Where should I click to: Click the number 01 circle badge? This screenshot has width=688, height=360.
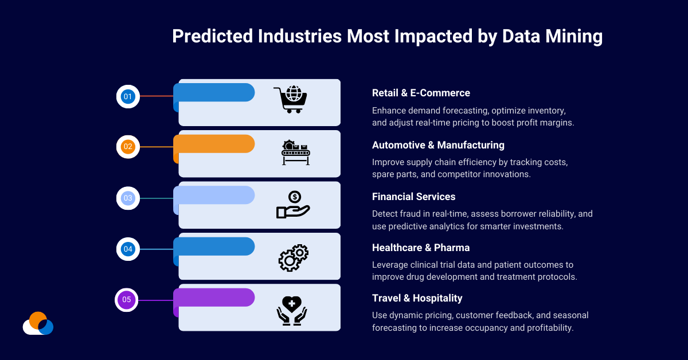click(128, 96)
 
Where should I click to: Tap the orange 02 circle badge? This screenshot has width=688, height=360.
click(128, 147)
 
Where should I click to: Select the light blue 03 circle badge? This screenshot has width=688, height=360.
click(128, 198)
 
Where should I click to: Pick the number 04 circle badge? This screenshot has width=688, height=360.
click(128, 249)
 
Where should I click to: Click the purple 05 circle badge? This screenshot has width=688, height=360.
click(127, 300)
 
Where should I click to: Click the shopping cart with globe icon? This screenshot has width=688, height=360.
click(290, 99)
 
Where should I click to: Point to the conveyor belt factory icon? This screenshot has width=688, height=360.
click(295, 152)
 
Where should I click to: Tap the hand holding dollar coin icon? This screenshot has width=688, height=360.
click(293, 205)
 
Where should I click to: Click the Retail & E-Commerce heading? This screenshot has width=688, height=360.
click(421, 93)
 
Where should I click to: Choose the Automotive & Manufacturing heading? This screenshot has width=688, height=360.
click(438, 145)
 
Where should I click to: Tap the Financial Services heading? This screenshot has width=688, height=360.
click(413, 197)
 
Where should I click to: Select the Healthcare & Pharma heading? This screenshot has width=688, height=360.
click(421, 248)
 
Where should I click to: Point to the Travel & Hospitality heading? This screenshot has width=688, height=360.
click(417, 298)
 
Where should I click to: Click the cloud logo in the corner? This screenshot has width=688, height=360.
click(38, 324)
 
